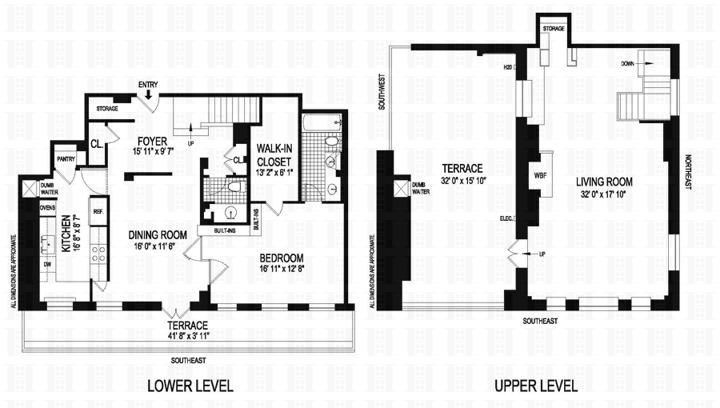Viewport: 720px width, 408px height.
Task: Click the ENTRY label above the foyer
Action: tap(148, 84)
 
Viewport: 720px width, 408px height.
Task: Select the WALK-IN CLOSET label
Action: tap(274, 158)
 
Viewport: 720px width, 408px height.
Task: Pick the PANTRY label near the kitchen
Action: tap(65, 159)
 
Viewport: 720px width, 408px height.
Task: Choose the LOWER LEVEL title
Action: tap(190, 386)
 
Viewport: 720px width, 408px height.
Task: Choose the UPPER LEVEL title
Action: tap(536, 386)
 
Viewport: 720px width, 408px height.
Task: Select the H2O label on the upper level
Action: tap(508, 67)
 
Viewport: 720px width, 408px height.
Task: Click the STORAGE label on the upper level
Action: tap(554, 29)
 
